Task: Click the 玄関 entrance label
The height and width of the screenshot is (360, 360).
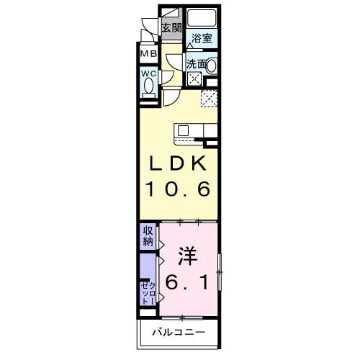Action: pyautogui.click(x=171, y=28)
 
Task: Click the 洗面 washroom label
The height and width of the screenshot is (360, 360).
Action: pyautogui.click(x=196, y=64)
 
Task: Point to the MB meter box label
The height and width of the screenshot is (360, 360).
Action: pyautogui.click(x=148, y=54)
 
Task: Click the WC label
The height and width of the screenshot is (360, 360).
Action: pyautogui.click(x=148, y=73)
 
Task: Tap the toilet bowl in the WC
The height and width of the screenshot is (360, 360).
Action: pyautogui.click(x=149, y=86)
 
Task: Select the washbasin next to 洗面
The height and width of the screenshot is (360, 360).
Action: pyautogui.click(x=211, y=64)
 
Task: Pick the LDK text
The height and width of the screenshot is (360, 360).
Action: pyautogui.click(x=179, y=163)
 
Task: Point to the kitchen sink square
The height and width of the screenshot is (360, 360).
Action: pyautogui.click(x=183, y=130)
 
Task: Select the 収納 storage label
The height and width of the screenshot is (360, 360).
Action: pyautogui.click(x=147, y=235)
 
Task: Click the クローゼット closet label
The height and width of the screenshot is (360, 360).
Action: pyautogui.click(x=147, y=292)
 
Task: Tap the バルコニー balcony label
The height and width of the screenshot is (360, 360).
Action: pyautogui.click(x=179, y=333)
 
